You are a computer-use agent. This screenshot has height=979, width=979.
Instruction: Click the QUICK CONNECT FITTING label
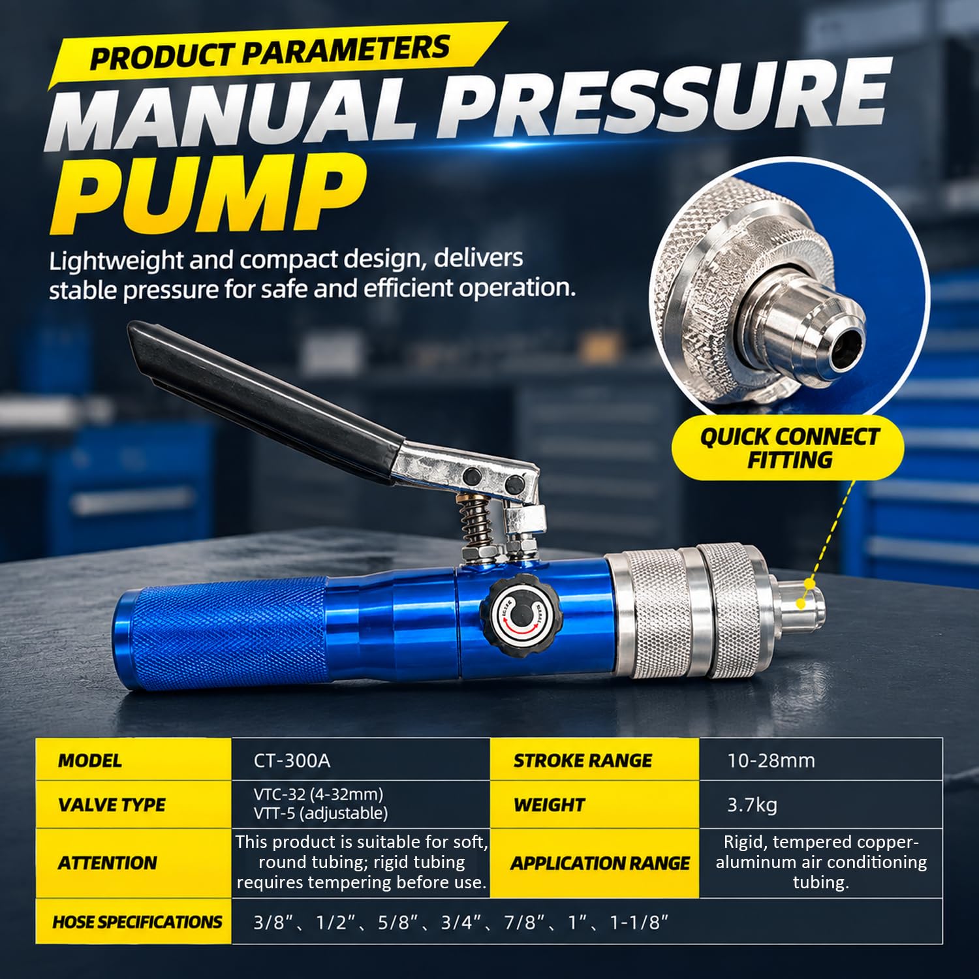point(789,448)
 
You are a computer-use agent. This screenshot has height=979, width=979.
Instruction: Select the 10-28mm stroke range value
point(771,760)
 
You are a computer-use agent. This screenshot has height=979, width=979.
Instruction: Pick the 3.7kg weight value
point(753,805)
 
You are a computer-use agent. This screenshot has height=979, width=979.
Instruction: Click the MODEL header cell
point(134,760)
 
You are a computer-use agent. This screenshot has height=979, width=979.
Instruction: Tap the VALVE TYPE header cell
point(134,805)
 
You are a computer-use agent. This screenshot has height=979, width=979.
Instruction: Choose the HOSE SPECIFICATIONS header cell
point(134,922)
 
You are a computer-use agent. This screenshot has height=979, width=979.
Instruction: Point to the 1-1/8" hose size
point(640,922)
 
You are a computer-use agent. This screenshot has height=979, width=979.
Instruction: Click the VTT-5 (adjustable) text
point(321,813)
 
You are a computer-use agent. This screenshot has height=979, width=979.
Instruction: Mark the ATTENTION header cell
point(134,863)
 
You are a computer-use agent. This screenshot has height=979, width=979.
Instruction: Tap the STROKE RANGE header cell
point(595,760)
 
